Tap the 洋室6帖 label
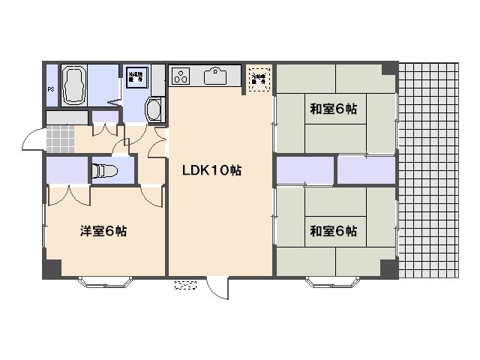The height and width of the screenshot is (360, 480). point(103,231)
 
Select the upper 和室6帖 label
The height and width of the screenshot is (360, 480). point(334,109)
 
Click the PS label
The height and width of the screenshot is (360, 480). point(51,90)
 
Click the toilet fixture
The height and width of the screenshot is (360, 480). point(103,171)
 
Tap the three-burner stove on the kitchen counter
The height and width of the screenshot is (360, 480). point(181,75)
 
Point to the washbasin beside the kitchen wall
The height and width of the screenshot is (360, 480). point(154,109)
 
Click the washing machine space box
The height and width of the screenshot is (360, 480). point(136,76)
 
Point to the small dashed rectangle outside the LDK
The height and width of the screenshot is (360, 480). point(185,284)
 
